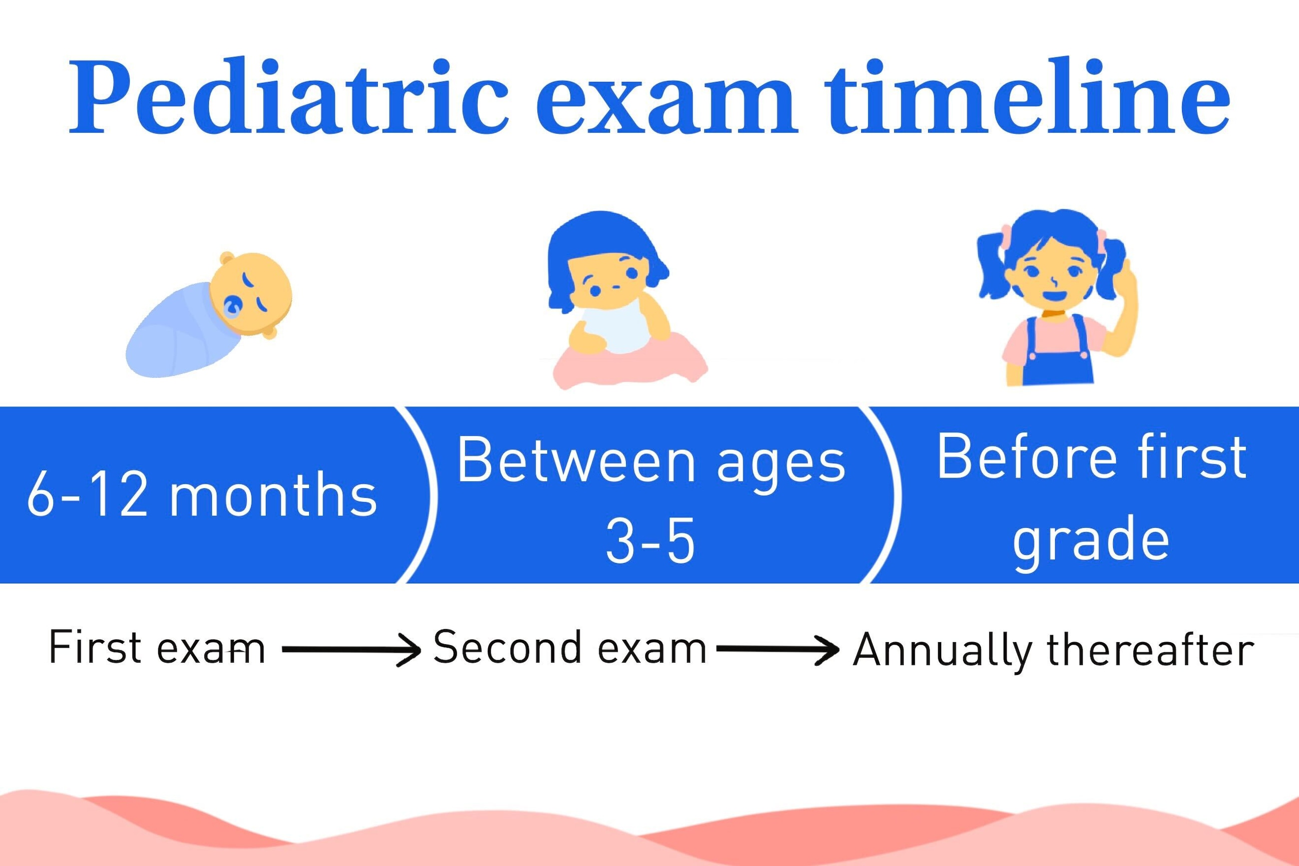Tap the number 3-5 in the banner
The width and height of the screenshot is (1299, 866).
pyautogui.click(x=650, y=541)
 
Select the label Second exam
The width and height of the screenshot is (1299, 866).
pyautogui.click(x=570, y=647)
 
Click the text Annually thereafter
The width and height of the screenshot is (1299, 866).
pyautogui.click(x=1054, y=650)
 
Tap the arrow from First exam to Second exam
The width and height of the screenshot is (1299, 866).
pyautogui.click(x=351, y=651)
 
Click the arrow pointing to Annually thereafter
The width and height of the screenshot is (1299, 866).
pyautogui.click(x=777, y=650)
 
